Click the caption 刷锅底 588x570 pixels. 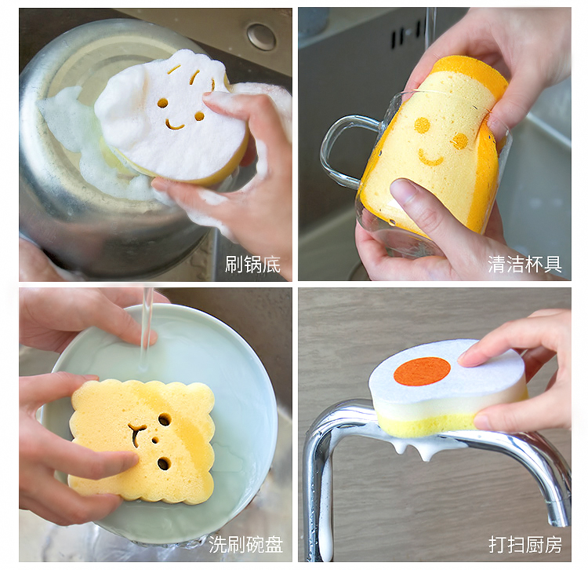coord(252,265)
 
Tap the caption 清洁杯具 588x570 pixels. coord(524,265)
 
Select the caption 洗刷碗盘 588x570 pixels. coord(245,544)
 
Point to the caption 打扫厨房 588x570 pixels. coord(525,544)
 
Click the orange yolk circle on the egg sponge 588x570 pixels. coord(422,371)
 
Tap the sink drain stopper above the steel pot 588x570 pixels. coord(261,36)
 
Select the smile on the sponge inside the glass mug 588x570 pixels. coord(430,158)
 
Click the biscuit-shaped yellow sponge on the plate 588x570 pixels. coord(142,441)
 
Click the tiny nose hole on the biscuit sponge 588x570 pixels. coord(154,440)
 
